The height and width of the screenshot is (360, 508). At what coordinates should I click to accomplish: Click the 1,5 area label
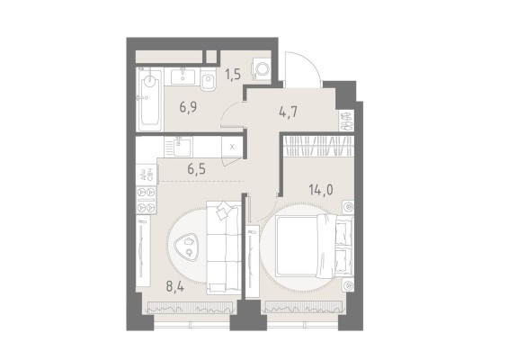pyautogui.click(x=233, y=75)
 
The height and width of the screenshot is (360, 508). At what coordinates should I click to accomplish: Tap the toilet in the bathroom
pyautogui.click(x=208, y=86)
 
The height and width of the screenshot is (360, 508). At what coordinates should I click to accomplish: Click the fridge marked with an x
pyautogui.click(x=233, y=145)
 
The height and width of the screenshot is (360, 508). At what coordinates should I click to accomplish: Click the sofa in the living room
pyautogui.click(x=221, y=247)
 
